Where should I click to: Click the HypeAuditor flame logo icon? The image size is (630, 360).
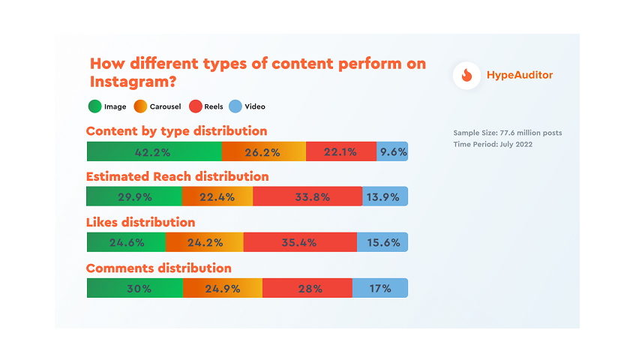tap(466, 75)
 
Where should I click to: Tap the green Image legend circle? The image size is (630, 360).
tap(94, 106)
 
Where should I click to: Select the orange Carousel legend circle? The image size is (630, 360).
tap(141, 106)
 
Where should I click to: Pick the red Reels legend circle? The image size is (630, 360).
tap(196, 106)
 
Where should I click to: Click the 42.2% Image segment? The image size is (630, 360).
tap(154, 151)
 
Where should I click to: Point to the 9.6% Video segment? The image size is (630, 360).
tap(392, 151)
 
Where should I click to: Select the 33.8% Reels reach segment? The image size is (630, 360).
tap(307, 197)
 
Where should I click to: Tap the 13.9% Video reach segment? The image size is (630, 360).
tap(385, 197)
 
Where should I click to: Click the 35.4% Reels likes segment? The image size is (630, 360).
tap(300, 242)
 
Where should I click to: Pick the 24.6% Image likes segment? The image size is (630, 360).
tap(126, 242)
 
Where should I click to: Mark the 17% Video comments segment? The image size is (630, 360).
tap(380, 288)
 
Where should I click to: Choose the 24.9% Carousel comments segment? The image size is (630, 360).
tap(222, 288)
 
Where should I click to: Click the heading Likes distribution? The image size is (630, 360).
tap(141, 222)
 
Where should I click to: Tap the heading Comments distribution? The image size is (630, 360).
tap(159, 268)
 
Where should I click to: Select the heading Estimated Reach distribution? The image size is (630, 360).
tap(178, 177)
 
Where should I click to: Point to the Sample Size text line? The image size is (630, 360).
tap(507, 133)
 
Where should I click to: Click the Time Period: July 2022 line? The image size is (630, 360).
tap(493, 144)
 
